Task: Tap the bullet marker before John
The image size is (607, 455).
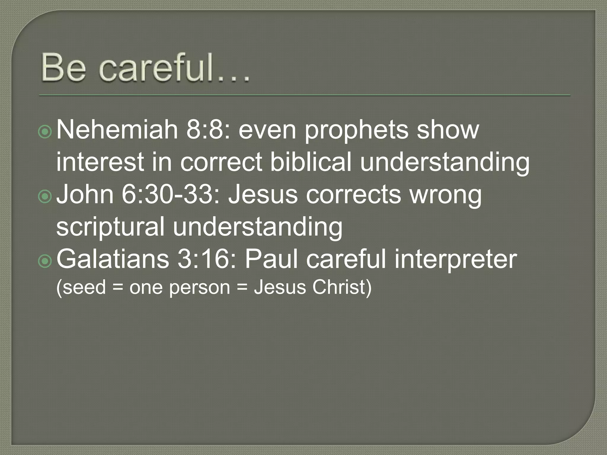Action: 45,196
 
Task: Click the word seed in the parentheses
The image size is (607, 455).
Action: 84,287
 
